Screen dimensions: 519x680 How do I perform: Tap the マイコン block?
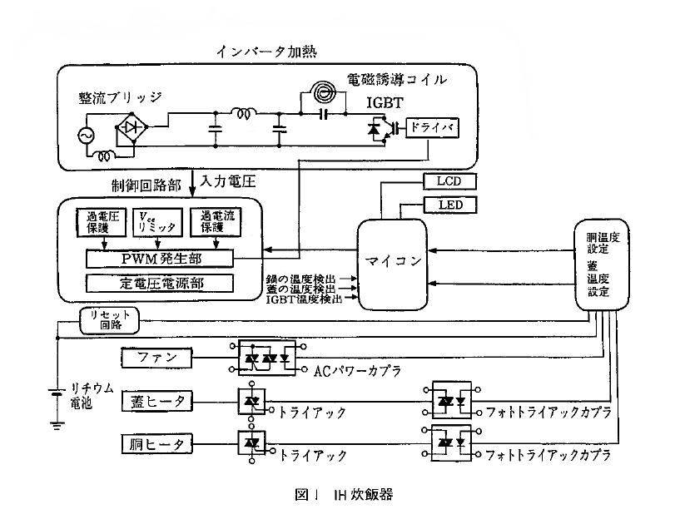click(x=390, y=262)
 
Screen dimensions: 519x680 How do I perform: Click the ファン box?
click(x=158, y=358)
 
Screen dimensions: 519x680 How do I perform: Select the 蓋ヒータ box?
click(x=158, y=402)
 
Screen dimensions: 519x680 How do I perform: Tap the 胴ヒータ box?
click(x=158, y=442)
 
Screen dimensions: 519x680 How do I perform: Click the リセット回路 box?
click(x=109, y=319)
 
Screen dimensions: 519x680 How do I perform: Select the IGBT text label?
click(x=385, y=104)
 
